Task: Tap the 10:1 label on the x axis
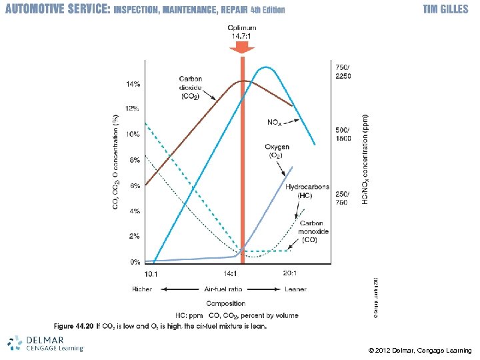[152, 273]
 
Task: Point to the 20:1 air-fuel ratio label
[290, 273]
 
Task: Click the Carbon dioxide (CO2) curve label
[192, 87]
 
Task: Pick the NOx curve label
[275, 122]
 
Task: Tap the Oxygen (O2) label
[275, 151]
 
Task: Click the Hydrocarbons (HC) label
[307, 191]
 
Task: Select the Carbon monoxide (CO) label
[311, 231]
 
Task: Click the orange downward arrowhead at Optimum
[242, 49]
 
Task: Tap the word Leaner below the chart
[295, 289]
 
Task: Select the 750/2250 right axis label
[342, 71]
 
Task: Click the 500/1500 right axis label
[342, 133]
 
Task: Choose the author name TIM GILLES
[445, 10]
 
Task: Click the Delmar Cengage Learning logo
[45, 342]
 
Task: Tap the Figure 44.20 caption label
[73, 326]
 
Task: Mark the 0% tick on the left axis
[134, 262]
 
